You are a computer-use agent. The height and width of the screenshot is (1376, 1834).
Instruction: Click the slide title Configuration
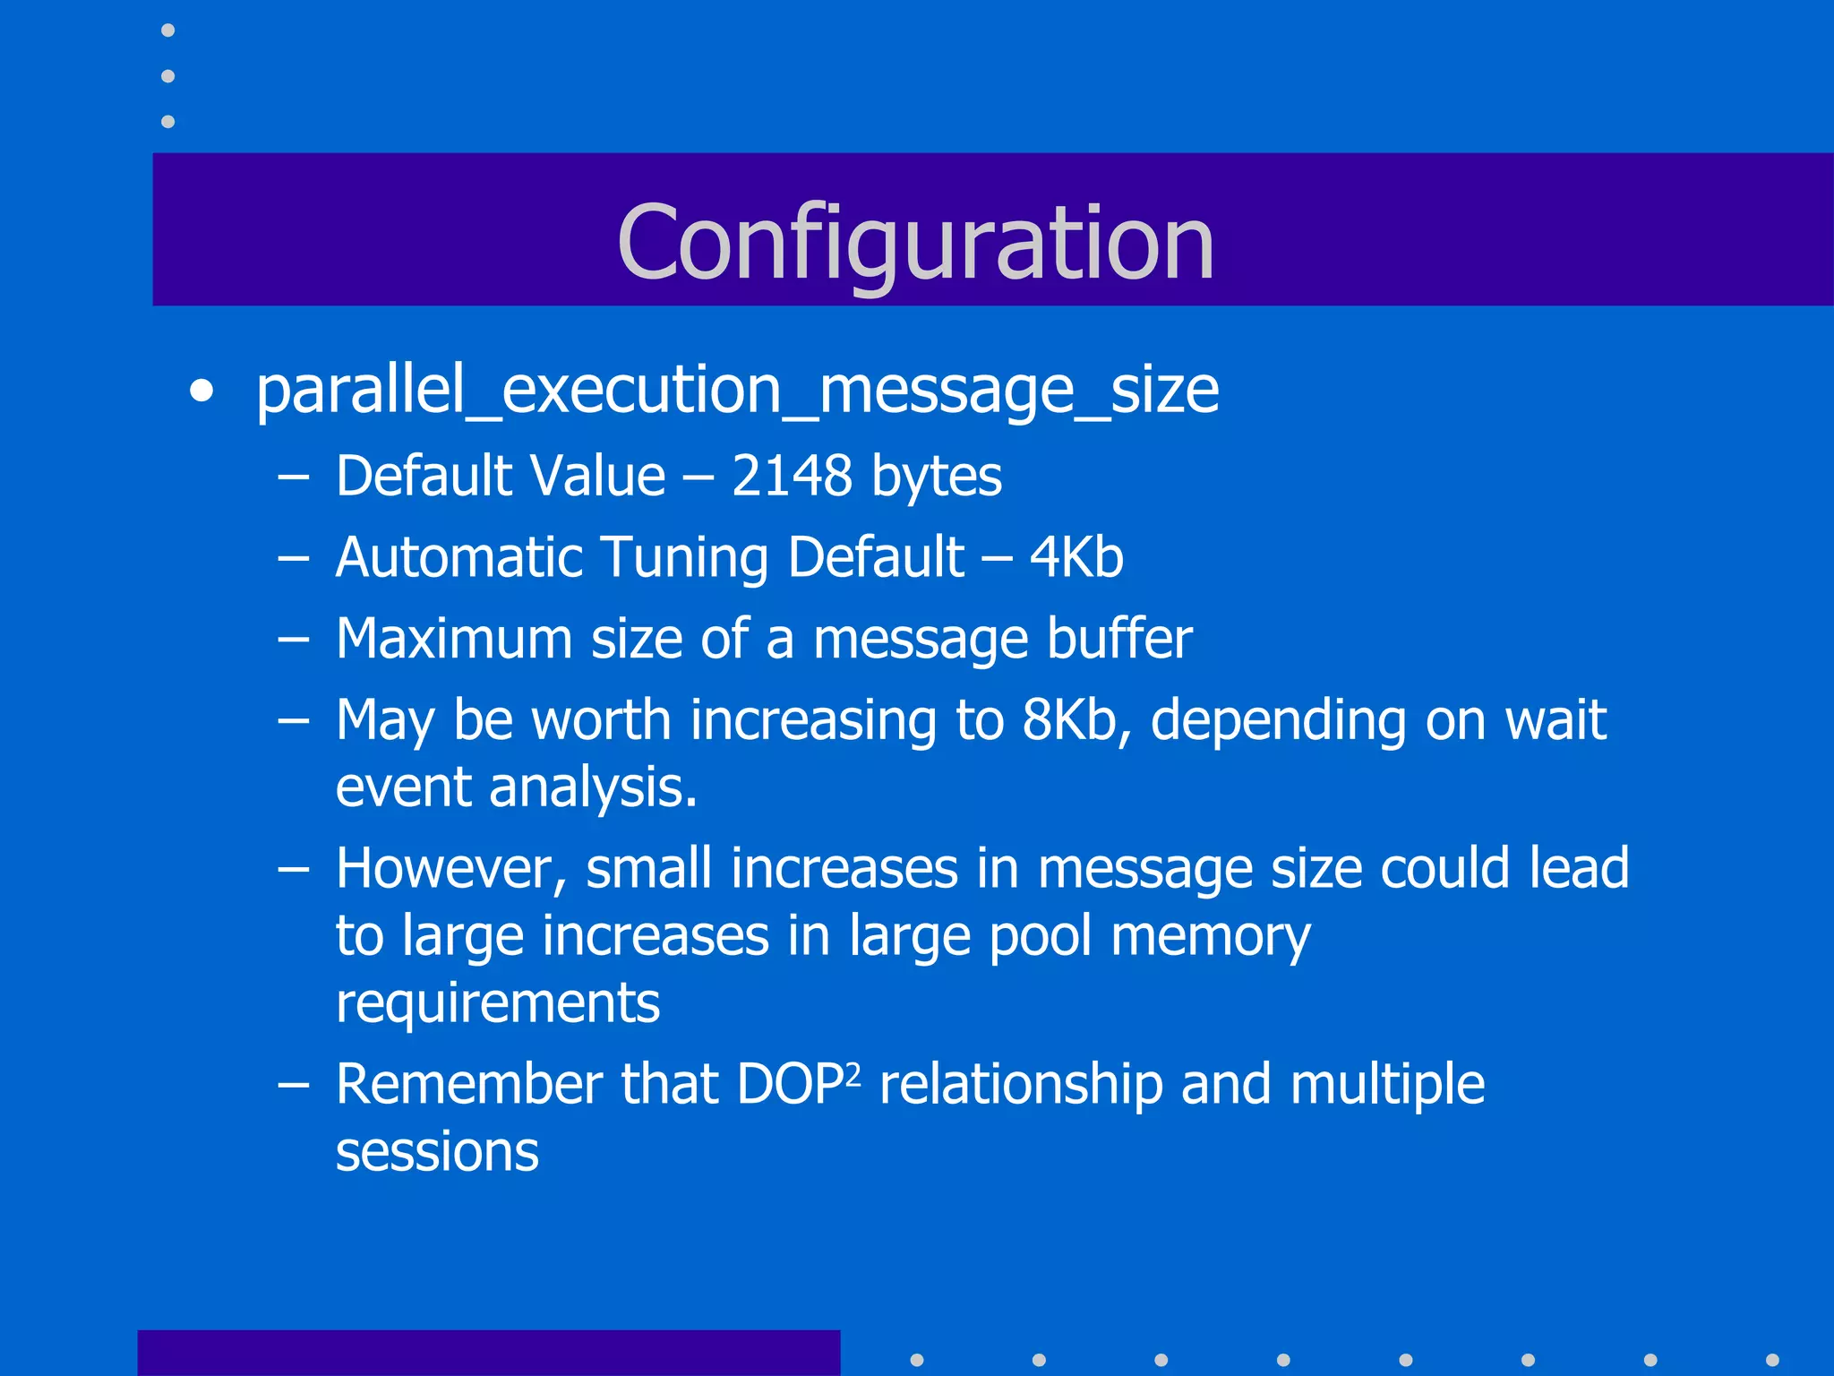915,242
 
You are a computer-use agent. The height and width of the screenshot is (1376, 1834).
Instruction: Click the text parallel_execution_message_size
737,391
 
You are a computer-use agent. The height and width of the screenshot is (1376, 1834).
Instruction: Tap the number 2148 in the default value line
792,476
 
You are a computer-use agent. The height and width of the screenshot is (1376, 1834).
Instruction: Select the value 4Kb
1076,557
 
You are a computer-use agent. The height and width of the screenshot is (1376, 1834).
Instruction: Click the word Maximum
453,639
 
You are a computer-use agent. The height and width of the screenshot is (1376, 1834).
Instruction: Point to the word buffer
1119,639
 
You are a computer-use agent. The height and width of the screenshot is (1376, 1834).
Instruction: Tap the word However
450,869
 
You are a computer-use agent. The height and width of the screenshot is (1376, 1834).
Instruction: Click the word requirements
498,1003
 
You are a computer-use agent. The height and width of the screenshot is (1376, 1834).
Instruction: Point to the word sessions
437,1152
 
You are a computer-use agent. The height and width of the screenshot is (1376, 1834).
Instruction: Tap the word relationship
1021,1085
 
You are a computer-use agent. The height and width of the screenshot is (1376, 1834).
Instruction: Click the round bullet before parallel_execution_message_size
202,392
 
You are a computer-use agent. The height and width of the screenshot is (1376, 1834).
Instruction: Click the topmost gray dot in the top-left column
167,30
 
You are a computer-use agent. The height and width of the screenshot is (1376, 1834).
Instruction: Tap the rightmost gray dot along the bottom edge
1771,1360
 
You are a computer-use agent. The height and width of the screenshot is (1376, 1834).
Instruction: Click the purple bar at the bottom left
488,1353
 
